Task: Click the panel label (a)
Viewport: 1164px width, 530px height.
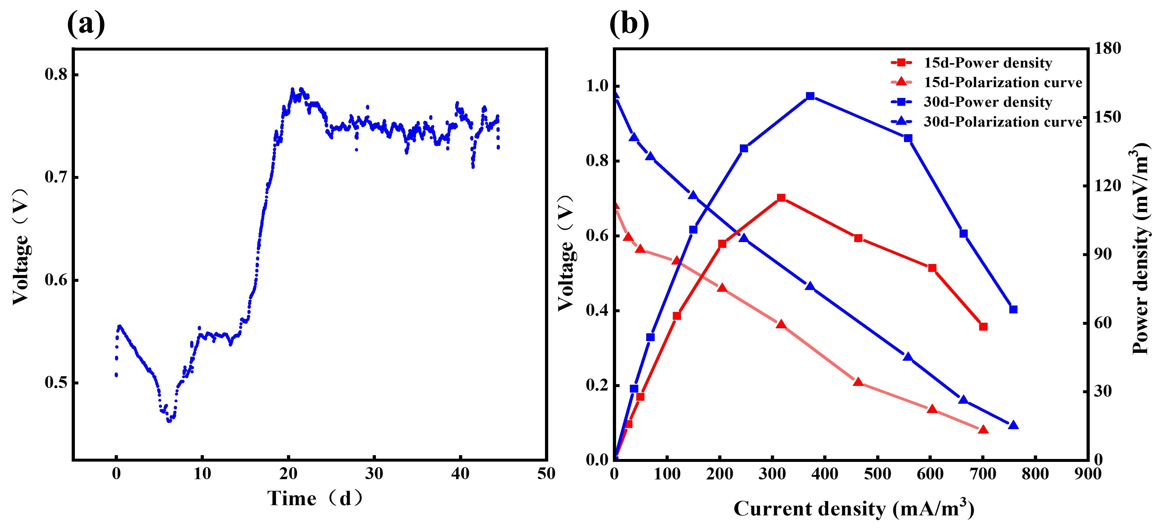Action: (x=86, y=23)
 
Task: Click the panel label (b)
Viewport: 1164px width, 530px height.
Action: (x=629, y=23)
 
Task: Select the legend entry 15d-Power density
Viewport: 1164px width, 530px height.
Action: (x=988, y=63)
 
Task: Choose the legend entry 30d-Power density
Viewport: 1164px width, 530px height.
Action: (x=988, y=102)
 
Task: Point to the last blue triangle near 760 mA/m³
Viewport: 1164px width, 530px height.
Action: (x=1013, y=425)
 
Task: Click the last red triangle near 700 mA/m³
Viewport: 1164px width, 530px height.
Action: (x=983, y=430)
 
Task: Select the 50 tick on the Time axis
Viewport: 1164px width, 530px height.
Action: (x=546, y=474)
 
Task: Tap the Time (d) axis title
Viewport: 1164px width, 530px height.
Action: (x=315, y=499)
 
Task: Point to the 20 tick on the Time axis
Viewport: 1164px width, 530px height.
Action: (x=288, y=474)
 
